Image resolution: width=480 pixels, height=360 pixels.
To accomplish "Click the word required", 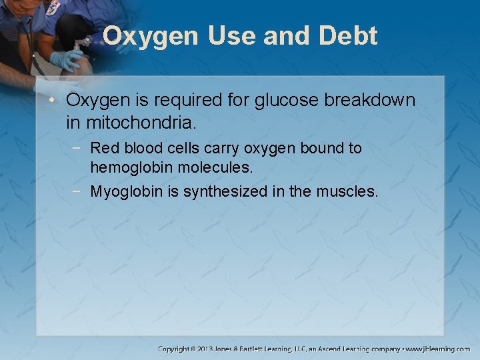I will click(x=189, y=101).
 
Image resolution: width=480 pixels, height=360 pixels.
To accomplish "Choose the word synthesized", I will click(x=226, y=192).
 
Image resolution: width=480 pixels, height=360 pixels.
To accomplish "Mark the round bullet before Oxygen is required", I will click(x=55, y=101).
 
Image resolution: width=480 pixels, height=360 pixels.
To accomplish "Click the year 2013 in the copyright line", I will click(x=205, y=349).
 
